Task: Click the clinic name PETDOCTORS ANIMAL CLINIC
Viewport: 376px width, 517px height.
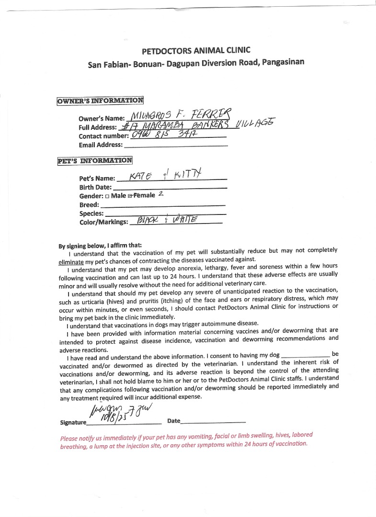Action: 196,50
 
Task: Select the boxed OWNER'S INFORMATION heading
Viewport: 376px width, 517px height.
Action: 100,101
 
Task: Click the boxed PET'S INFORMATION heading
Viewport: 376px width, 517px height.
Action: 95,160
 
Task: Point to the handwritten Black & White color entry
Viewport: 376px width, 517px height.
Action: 167,220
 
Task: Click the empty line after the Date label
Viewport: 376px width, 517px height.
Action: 214,421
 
